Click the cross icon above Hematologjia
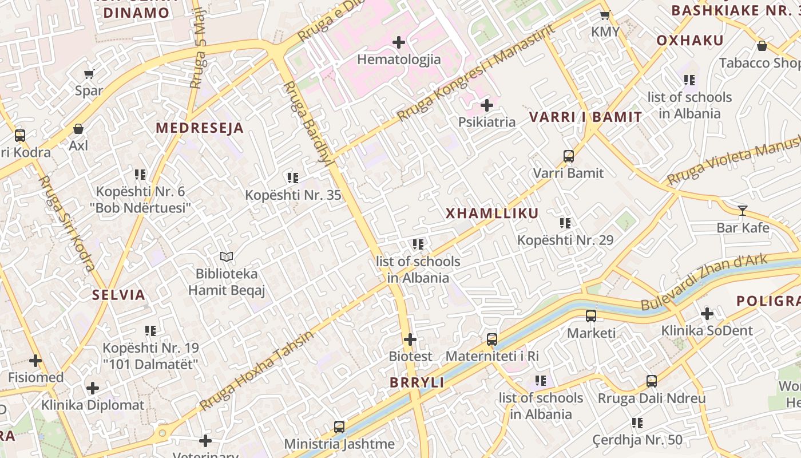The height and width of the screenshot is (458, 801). [x=399, y=42]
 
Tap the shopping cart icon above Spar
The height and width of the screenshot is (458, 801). [x=89, y=74]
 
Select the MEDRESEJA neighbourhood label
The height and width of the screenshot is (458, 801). [x=200, y=128]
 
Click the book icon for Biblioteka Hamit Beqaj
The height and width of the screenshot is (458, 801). [x=227, y=257]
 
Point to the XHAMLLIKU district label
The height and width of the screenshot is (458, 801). [x=492, y=214]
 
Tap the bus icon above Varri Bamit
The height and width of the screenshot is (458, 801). [x=568, y=156]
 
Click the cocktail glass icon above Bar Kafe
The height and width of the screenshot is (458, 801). [x=742, y=211]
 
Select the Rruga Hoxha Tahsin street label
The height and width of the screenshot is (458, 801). [x=257, y=370]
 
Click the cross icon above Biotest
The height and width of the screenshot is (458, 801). [x=410, y=339]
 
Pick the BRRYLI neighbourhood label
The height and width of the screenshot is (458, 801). [x=417, y=382]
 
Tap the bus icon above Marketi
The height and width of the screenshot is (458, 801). [x=591, y=316]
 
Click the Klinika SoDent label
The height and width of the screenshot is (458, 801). [x=707, y=330]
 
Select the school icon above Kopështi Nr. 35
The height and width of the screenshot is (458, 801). [x=293, y=178]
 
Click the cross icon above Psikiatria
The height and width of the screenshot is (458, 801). [x=487, y=105]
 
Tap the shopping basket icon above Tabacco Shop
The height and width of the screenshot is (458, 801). [x=762, y=46]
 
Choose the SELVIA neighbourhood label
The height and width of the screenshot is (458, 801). [x=119, y=295]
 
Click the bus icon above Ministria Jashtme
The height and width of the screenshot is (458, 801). [x=339, y=427]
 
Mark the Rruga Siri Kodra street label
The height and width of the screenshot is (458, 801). [x=66, y=223]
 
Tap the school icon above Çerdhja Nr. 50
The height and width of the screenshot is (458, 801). [x=637, y=423]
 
